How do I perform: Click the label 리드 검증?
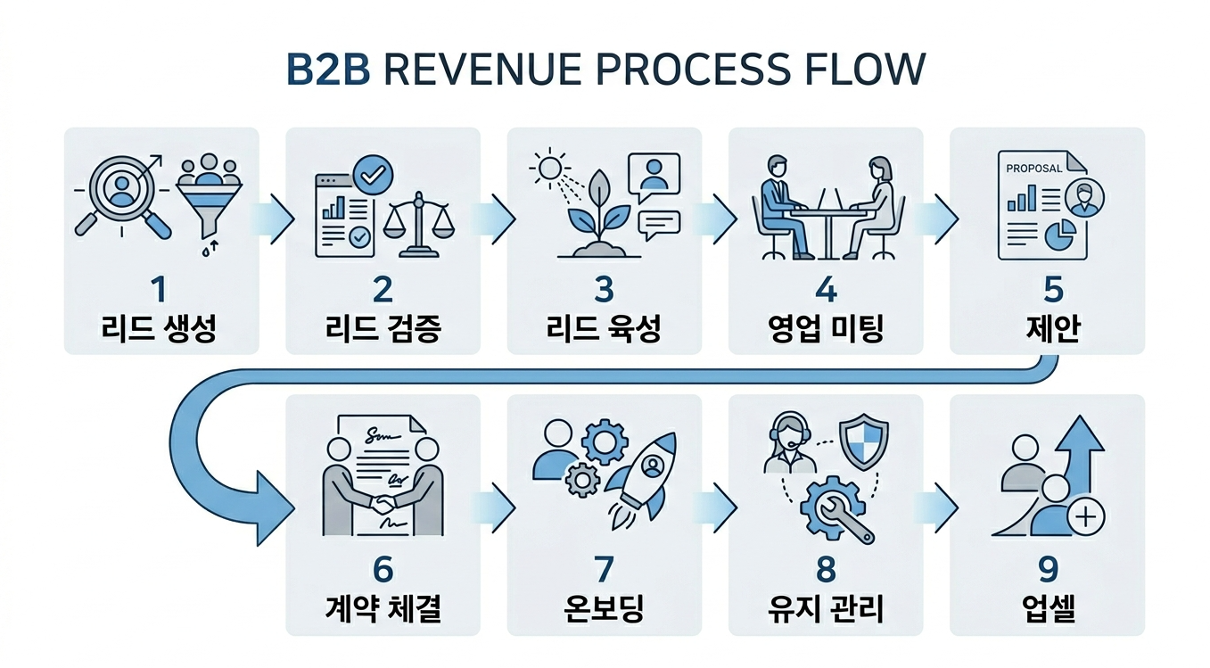[x=383, y=329]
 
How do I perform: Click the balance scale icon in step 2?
[x=416, y=227]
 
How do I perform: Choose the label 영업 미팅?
[x=825, y=329]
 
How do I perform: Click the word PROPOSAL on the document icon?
[x=1033, y=168]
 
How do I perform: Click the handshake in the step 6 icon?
[x=383, y=504]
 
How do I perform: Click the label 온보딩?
[x=604, y=609]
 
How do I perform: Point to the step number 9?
[x=1048, y=569]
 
